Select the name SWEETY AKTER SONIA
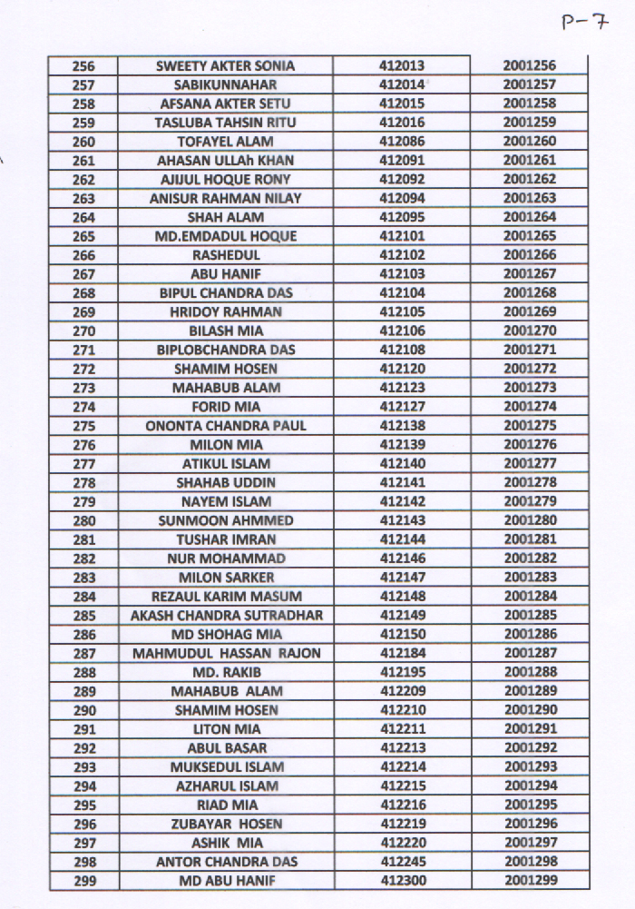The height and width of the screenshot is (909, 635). click(226, 66)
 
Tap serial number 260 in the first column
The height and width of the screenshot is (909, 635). click(83, 142)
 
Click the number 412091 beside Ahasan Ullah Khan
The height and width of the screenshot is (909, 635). click(402, 161)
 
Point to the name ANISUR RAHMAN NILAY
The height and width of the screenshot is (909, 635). click(226, 199)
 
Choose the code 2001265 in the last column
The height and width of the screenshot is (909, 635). click(530, 236)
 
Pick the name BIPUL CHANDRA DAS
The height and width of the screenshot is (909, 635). click(226, 293)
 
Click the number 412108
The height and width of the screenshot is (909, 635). click(402, 350)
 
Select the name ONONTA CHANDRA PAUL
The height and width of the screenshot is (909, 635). click(226, 426)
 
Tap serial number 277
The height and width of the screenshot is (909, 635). click(83, 464)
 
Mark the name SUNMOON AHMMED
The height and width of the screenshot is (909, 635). click(226, 520)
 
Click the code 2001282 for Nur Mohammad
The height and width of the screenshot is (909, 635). click(530, 558)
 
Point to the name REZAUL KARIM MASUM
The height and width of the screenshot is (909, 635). click(226, 597)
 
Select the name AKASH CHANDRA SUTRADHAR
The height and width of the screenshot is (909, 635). click(226, 616)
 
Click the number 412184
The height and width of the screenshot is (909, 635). click(402, 654)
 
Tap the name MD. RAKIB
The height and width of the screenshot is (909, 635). click(226, 672)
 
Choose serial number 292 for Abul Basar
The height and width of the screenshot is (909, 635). click(83, 748)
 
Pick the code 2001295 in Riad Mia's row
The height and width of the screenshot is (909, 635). click(530, 805)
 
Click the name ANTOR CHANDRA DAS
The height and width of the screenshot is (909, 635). click(226, 862)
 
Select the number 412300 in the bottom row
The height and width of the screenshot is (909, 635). click(402, 881)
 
